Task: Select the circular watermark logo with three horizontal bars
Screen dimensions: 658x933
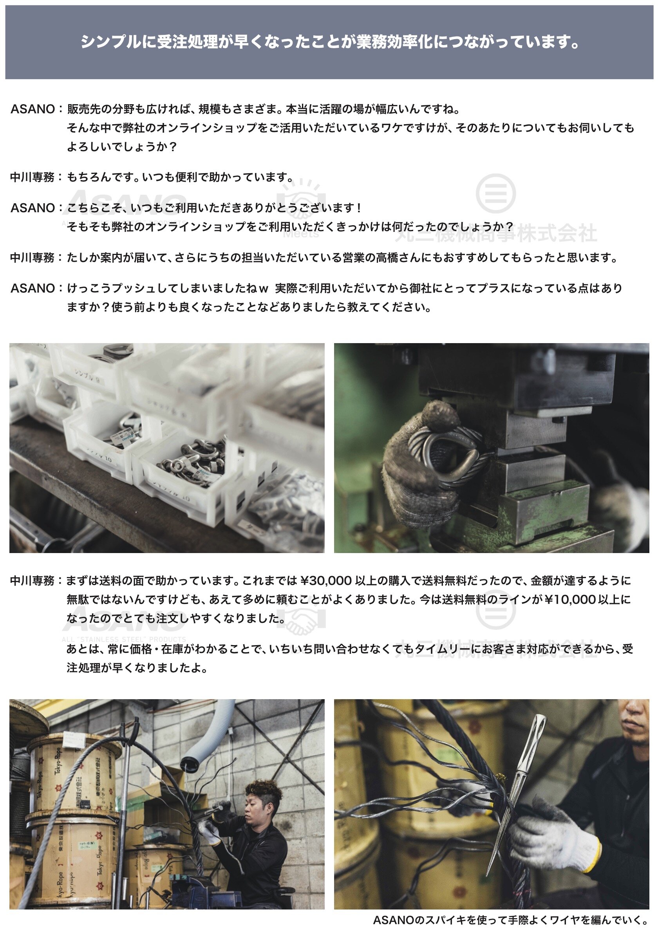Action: (x=495, y=193)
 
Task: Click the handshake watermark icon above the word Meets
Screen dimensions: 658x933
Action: (x=301, y=199)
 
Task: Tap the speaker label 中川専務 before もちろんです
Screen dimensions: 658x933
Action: (x=32, y=177)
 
